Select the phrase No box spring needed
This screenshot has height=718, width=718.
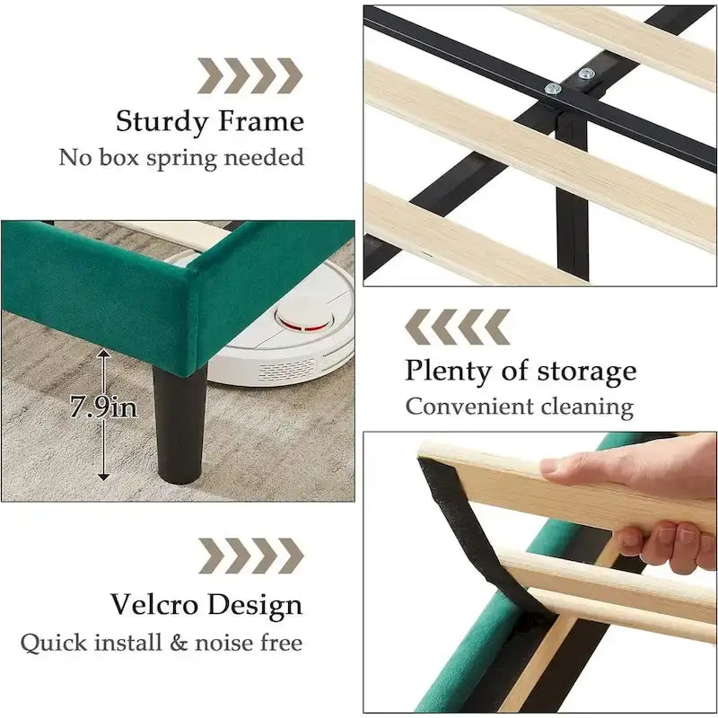click(181, 158)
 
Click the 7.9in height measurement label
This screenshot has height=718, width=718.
click(104, 407)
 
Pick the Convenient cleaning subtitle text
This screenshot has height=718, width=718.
click(520, 407)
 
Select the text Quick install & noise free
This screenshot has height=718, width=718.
click(162, 643)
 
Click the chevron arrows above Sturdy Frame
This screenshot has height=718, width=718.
click(250, 76)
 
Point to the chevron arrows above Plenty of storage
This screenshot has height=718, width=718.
click(458, 327)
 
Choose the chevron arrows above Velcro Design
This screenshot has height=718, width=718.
click(250, 556)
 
